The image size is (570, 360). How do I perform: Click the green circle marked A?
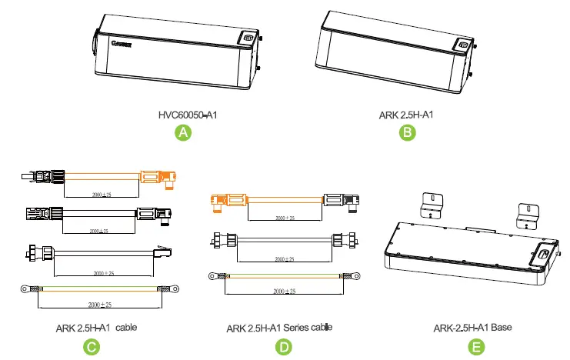coord(183,132)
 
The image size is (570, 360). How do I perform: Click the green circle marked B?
coord(408,132)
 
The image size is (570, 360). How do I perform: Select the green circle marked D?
coord(285,347)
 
